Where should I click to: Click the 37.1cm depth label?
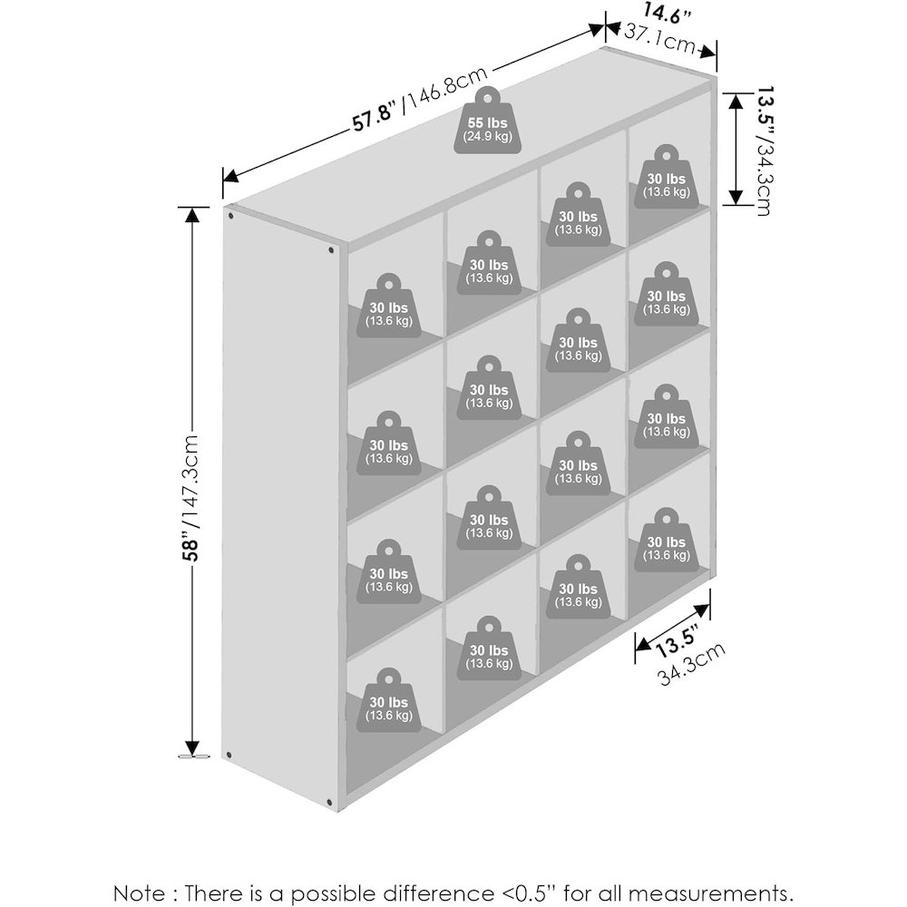[x=660, y=37]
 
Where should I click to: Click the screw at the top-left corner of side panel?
[x=230, y=216]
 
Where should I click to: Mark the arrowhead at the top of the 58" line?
[x=192, y=215]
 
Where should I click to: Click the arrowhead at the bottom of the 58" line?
[x=192, y=748]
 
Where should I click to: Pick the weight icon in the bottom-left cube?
[x=389, y=701]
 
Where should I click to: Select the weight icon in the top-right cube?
[x=667, y=177]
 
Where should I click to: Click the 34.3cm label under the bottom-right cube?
[x=692, y=665]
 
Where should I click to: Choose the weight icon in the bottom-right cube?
[x=667, y=541]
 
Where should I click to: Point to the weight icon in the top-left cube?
[x=389, y=306]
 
